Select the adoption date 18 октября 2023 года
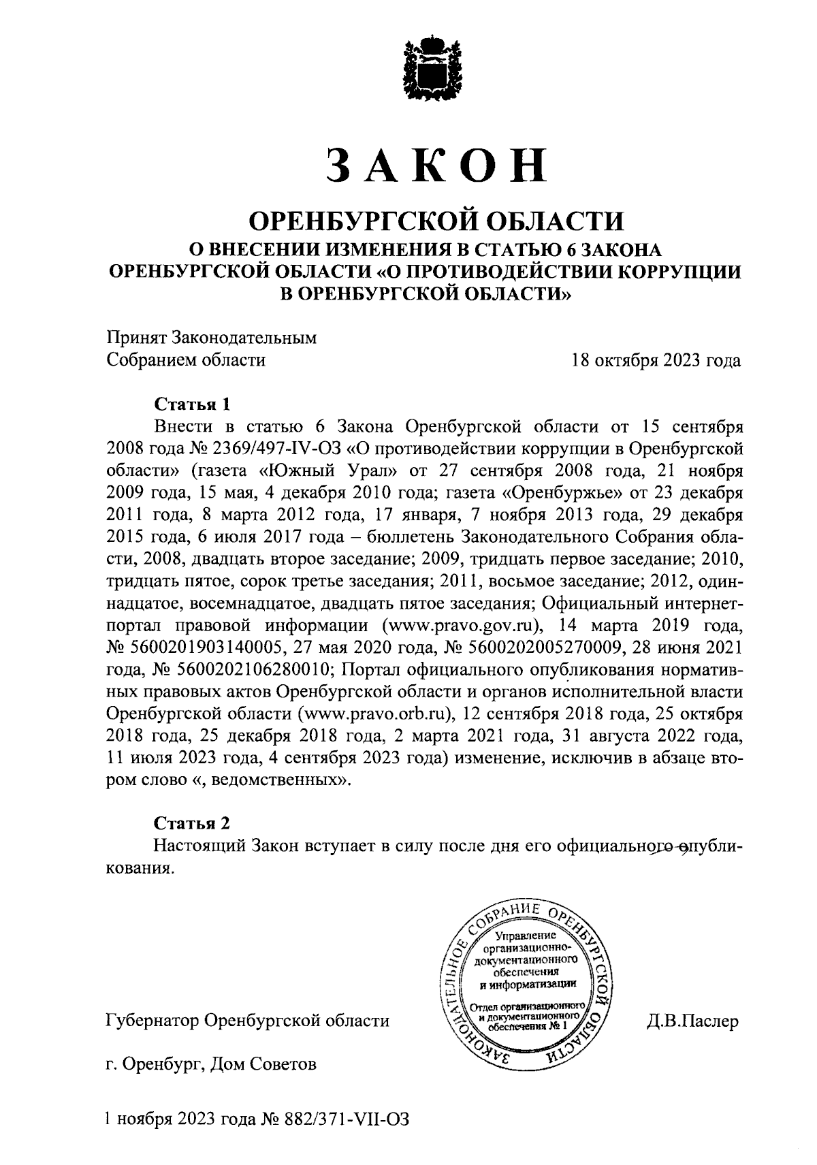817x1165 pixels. pos(656,360)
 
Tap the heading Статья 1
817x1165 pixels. pos(193,404)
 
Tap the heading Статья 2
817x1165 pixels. pos(193,823)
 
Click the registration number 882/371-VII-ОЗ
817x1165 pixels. pos(355,1119)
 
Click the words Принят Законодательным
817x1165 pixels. pos(212,338)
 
